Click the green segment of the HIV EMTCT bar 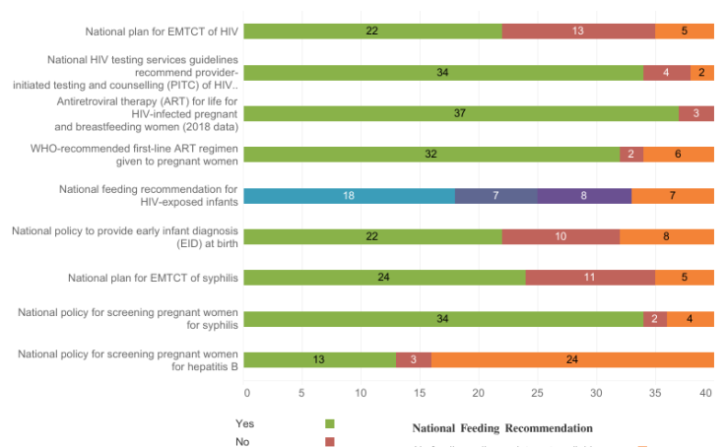pos(372,31)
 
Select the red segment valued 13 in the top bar pos(578,31)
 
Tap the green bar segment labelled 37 pos(460,113)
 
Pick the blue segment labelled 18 pos(349,195)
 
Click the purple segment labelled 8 pos(584,195)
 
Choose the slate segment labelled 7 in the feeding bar pos(495,195)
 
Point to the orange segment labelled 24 pos(572,359)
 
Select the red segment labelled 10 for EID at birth pos(560,236)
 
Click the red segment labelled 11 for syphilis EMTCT pos(590,278)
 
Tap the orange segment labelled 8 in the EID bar pos(667,236)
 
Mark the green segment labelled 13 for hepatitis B pos(319,359)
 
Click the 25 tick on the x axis pos(537,392)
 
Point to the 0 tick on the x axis pos(246,392)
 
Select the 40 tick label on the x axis pos(706,392)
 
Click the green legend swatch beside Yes pos(330,423)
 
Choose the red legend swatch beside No pos(330,441)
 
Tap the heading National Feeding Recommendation pos(501,428)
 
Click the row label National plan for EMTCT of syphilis pos(153,278)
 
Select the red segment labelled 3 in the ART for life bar pos(696,113)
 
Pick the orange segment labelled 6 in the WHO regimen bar pos(679,154)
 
